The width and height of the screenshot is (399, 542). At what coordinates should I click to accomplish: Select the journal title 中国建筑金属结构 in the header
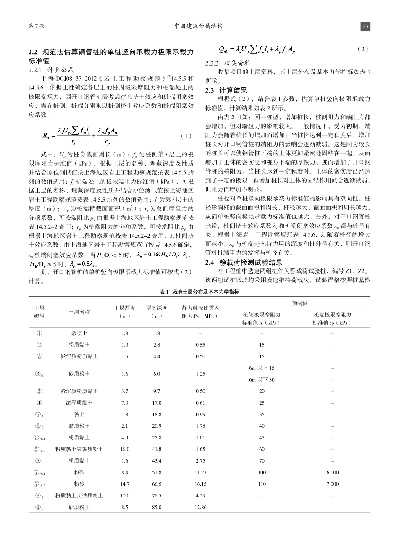199,26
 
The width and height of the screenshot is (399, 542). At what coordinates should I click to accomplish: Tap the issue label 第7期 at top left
37,26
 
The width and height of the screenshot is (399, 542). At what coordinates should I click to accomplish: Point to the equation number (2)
363,49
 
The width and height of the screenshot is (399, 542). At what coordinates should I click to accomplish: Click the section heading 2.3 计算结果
226,90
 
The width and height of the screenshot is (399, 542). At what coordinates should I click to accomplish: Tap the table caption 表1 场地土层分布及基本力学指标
199,292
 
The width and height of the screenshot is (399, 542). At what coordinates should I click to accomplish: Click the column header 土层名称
79,312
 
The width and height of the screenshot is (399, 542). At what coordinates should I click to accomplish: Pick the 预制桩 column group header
299,303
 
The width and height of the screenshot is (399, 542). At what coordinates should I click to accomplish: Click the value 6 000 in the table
332,473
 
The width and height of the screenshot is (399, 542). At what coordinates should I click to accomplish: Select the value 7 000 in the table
332,484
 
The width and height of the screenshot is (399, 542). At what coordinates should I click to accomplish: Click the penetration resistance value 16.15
201,484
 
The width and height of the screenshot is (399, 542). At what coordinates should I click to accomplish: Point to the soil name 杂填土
79,333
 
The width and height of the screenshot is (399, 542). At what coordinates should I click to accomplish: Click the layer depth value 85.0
157,507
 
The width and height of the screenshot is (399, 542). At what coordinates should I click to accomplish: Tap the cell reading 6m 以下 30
262,379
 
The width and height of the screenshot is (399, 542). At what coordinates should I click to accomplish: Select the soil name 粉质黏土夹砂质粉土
79,496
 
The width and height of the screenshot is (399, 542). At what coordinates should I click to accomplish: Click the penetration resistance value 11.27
201,473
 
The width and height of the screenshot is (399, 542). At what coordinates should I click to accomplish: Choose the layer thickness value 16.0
125,449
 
